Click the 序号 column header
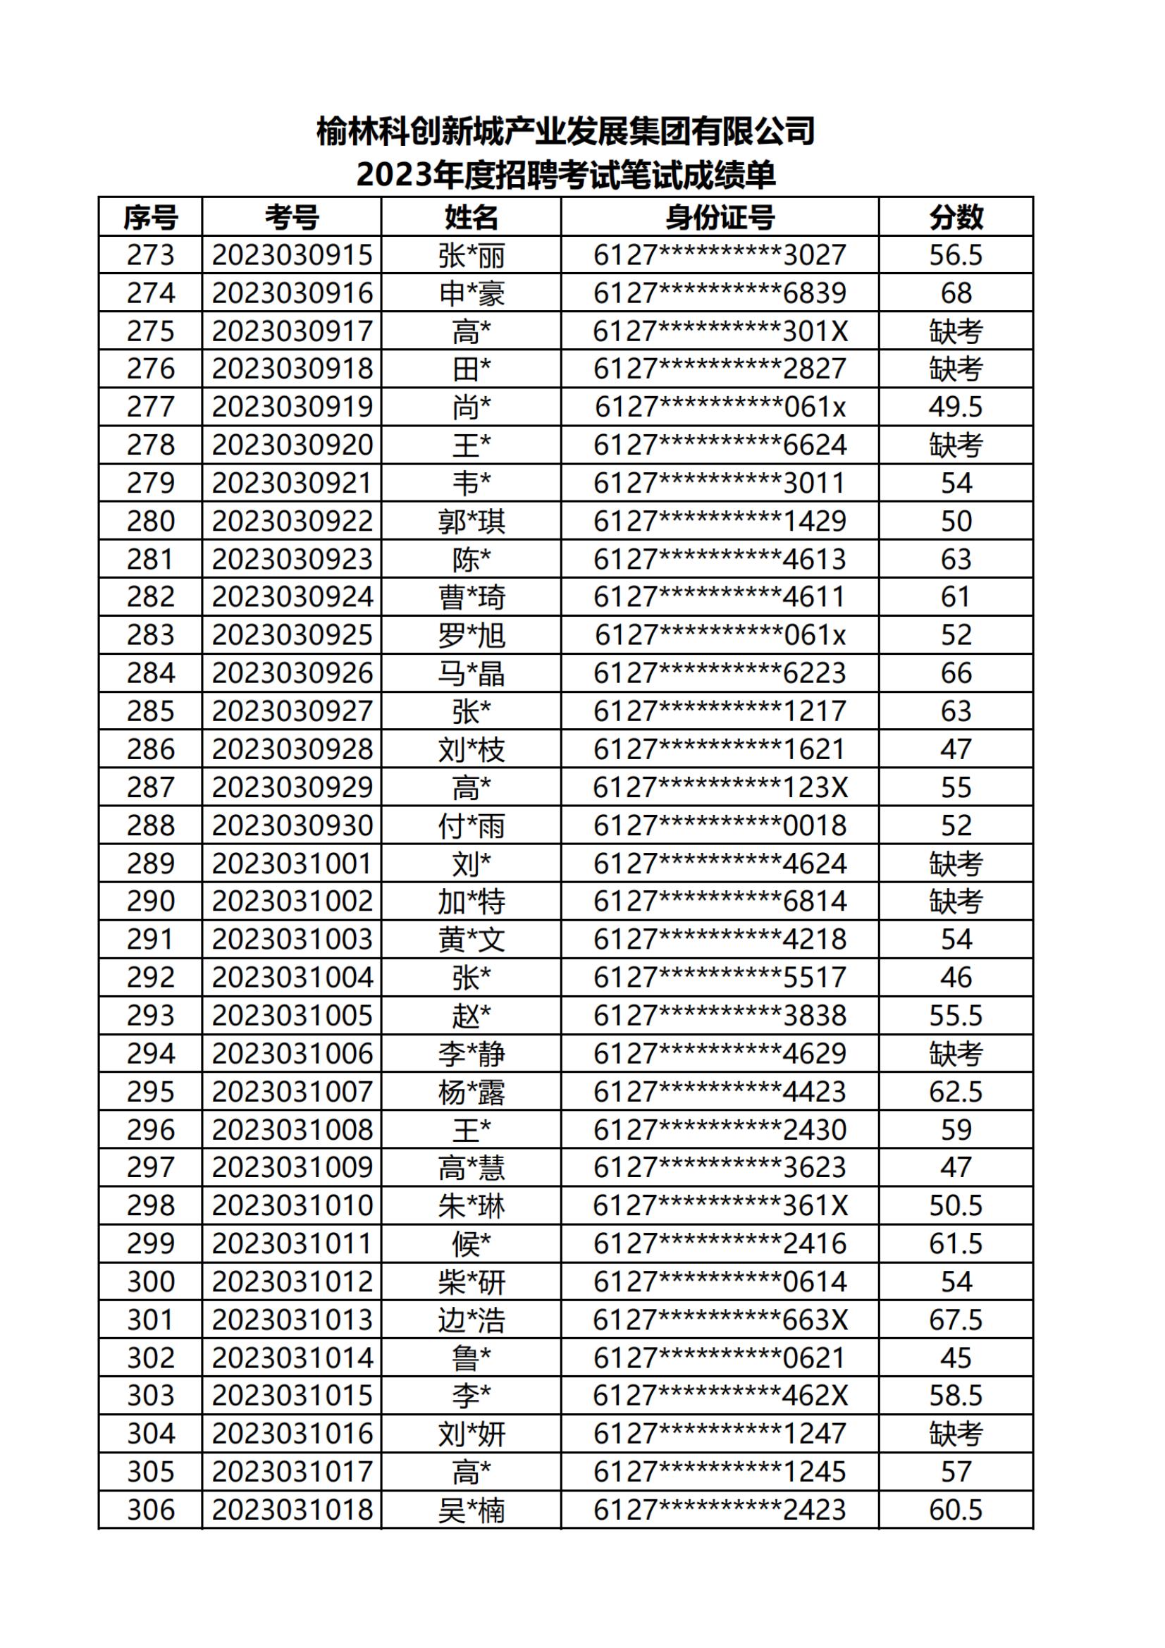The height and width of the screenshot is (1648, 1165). (x=150, y=217)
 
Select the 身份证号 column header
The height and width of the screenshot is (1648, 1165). (x=720, y=217)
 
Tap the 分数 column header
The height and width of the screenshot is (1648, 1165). (x=956, y=217)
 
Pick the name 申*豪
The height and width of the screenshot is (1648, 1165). (x=471, y=293)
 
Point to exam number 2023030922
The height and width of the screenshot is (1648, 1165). (x=292, y=521)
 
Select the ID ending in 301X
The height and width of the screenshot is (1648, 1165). (x=720, y=331)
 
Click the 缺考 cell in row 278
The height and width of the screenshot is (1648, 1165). (x=956, y=445)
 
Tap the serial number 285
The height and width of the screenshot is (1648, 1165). (x=151, y=711)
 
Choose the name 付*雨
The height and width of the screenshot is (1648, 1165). (x=471, y=825)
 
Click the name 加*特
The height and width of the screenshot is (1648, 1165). (x=471, y=902)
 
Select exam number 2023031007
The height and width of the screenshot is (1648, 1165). (x=292, y=1092)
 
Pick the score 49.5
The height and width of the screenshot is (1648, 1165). (x=956, y=407)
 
